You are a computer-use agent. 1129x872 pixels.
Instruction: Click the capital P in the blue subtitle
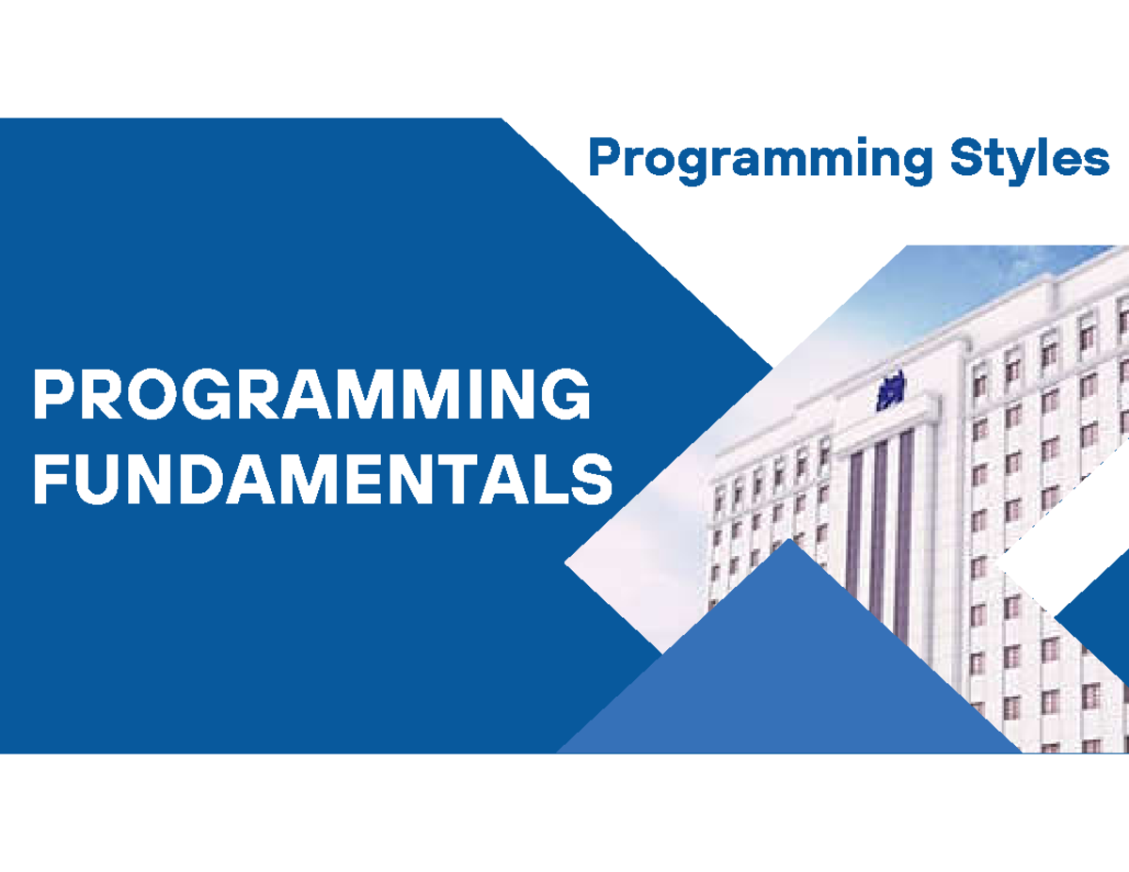[607, 157]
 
